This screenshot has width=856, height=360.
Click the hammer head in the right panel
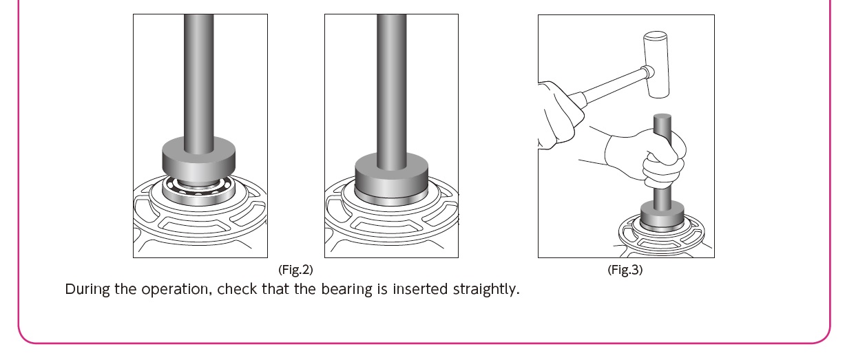click(x=656, y=63)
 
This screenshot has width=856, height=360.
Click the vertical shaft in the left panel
click(x=198, y=76)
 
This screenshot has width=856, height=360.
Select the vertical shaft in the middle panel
click(x=391, y=83)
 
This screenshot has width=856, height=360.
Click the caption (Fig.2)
click(x=295, y=269)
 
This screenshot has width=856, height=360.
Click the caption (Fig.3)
click(x=625, y=269)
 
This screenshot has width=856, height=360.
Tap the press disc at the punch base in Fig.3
click(x=662, y=214)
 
